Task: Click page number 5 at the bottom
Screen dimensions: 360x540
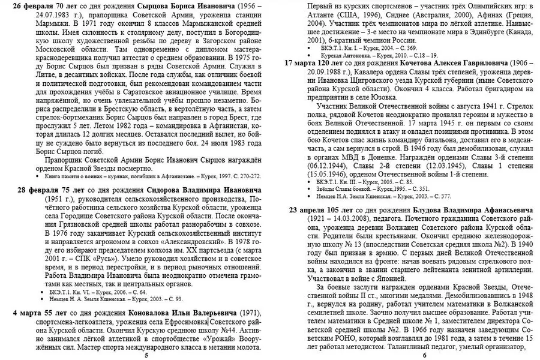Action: coord(146,355)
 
